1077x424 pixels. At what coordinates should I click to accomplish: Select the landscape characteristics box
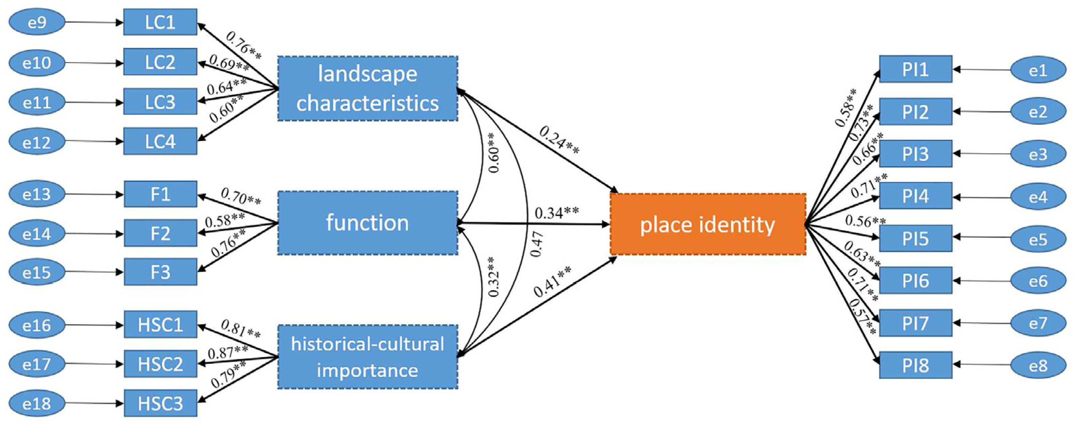pos(368,88)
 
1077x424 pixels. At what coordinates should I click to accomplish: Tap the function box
pos(368,223)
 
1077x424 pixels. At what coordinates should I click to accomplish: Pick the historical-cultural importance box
pos(368,357)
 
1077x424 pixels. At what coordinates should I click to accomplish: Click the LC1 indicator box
pos(160,22)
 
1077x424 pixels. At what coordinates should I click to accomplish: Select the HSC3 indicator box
pos(160,404)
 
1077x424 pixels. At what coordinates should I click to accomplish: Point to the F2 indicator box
pos(160,233)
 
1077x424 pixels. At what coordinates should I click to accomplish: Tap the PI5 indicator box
pos(915,239)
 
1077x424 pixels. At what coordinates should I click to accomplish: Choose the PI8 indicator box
pos(915,365)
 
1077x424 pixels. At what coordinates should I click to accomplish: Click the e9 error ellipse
pos(37,22)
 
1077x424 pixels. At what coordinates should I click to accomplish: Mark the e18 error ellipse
pos(37,404)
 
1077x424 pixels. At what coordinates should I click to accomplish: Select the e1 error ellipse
pos(1038,70)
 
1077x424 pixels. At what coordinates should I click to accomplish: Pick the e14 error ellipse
pos(37,233)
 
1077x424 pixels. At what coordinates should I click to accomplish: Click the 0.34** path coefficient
pos(557,213)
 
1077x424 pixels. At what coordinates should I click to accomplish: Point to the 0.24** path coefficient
pos(559,140)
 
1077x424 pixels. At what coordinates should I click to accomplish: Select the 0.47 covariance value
pos(537,244)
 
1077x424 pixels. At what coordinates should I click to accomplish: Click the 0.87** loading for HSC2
pos(227,352)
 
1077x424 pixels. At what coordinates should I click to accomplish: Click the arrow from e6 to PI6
pos(982,281)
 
